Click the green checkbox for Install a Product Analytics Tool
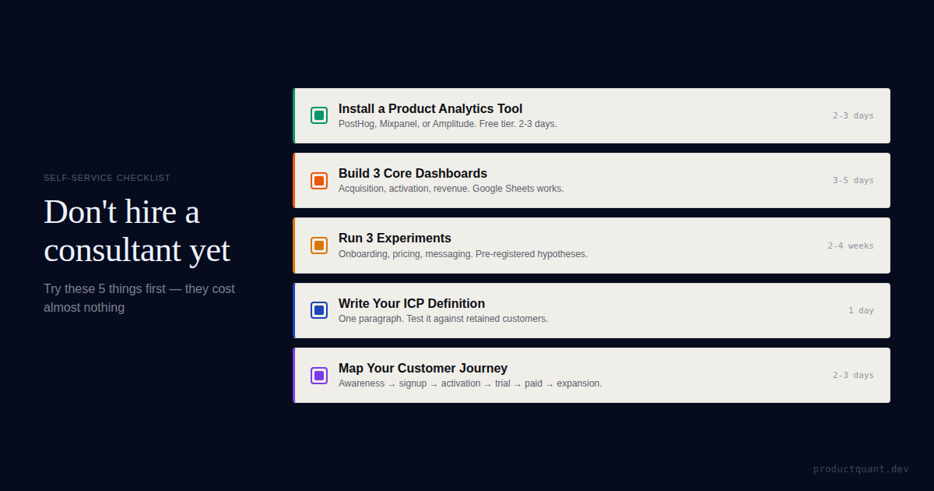319,115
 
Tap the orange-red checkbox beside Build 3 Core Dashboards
319,181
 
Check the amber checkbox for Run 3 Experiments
319,245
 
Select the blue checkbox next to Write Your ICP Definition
319,310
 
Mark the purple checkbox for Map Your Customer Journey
319,376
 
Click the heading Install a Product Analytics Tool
430,109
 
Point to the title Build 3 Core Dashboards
413,174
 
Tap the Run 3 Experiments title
395,238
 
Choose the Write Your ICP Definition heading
412,304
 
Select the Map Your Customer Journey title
423,369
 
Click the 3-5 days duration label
853,180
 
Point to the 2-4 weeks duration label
851,245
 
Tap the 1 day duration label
861,310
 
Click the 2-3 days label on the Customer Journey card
853,375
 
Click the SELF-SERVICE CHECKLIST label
107,178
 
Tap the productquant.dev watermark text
861,469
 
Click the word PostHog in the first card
356,124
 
